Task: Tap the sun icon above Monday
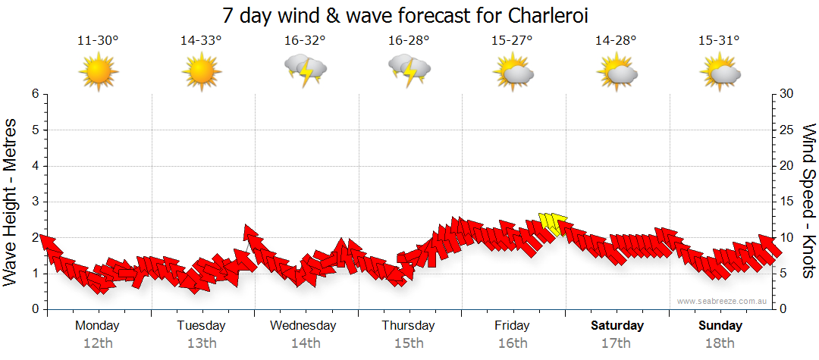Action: tap(98, 73)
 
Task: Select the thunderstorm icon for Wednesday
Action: tap(305, 70)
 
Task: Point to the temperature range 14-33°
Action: tap(201, 41)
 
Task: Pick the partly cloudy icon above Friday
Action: tap(513, 73)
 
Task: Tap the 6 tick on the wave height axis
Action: tap(35, 94)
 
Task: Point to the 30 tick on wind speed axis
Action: tap(787, 94)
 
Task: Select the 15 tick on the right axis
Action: tap(787, 202)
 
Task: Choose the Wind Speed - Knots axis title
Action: tap(808, 201)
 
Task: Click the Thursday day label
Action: tap(408, 326)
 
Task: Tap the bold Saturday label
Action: tap(617, 326)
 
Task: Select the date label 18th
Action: tap(720, 343)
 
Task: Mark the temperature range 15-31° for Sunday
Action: tap(719, 41)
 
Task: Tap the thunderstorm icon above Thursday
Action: tap(409, 70)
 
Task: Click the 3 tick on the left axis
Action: tap(35, 202)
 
